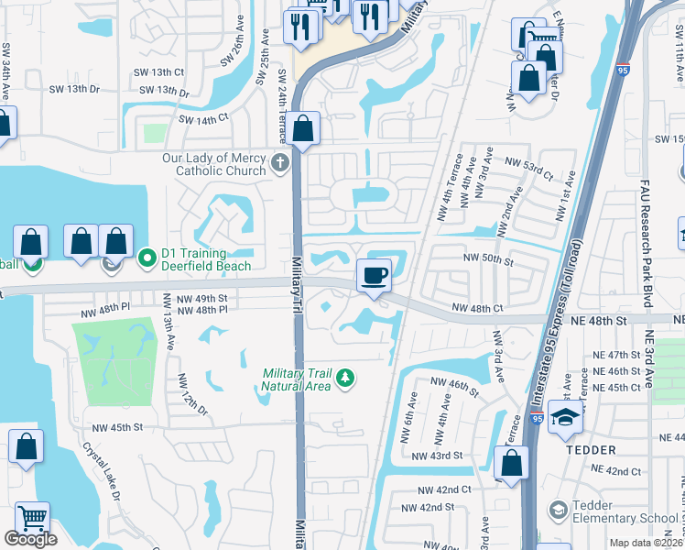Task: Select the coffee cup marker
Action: pos(373,275)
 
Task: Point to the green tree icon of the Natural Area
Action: pos(344,379)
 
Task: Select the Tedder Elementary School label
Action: pos(625,511)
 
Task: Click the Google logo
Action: pos(30,539)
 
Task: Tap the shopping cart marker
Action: pos(32,519)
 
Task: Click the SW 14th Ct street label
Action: pos(202,119)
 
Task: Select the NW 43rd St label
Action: pos(433,456)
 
